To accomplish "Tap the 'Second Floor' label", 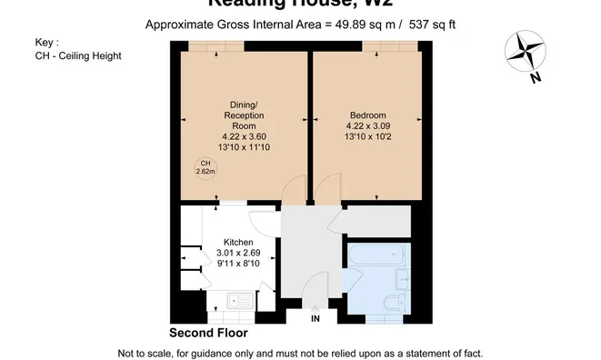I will point(208,333).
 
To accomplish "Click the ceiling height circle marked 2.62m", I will point(205,166).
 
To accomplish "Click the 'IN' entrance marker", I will point(315,319).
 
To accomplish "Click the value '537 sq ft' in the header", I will point(426,25).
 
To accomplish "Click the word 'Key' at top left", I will point(44,42).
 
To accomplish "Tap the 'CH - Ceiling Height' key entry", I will point(77,55).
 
